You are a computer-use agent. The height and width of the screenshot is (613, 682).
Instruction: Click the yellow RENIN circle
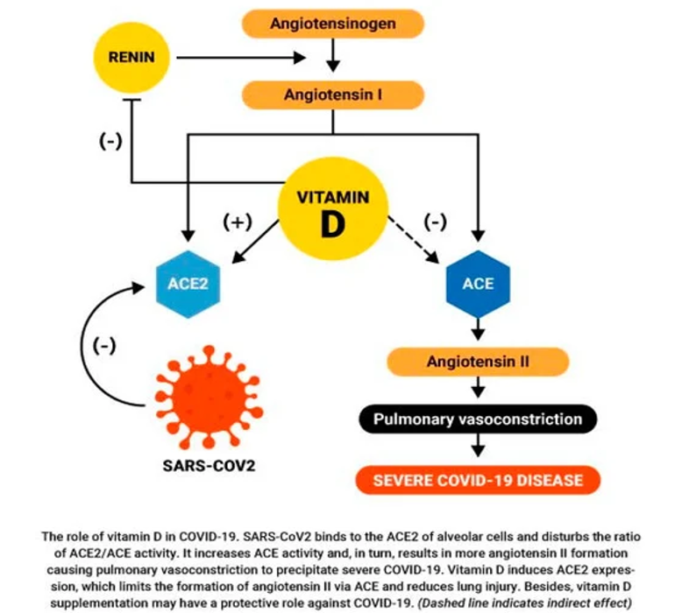pos(131,57)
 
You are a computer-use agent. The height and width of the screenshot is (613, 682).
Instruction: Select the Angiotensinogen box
pos(333,24)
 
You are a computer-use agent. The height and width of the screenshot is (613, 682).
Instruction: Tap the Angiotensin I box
pos(333,95)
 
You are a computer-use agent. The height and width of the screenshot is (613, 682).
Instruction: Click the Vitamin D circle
pos(333,208)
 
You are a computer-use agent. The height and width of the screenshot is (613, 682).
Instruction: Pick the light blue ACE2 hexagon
pos(188,284)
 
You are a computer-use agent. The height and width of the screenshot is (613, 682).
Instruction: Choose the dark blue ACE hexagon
pos(478,284)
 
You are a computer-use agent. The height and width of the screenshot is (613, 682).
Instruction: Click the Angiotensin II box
pos(478,362)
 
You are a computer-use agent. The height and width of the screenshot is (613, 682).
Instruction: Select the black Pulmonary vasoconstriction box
pos(478,419)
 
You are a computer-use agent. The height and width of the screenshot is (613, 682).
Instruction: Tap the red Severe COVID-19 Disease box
pos(478,480)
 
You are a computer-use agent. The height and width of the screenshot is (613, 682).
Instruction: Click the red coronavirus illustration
pos(209,398)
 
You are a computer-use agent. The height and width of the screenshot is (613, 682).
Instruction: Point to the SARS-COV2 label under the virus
pos(209,466)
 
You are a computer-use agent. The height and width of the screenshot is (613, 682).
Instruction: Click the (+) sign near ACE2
pos(238,222)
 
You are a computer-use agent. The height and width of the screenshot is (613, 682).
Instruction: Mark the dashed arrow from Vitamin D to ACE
pos(413,239)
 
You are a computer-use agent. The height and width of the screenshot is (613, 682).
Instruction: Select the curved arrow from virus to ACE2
pos(82,348)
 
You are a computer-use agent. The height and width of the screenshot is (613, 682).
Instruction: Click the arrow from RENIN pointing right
pos(241,57)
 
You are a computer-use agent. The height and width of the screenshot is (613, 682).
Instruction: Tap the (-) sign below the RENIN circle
pos(111,141)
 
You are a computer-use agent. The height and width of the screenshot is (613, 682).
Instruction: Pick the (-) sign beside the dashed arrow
pos(435,222)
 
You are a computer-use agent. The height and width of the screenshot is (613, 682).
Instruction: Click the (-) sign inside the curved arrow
pos(104,346)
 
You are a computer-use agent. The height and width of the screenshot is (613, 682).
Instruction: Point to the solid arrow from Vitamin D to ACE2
pos(255,242)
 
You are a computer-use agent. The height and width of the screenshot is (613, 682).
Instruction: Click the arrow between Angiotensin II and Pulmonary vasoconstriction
pos(478,387)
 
